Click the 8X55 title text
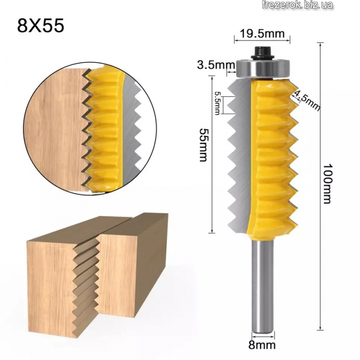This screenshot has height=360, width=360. [x=40, y=26]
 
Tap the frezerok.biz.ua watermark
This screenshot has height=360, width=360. [x=297, y=5]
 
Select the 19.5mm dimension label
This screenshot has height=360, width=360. [x=262, y=34]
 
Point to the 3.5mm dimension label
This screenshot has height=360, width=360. [x=216, y=65]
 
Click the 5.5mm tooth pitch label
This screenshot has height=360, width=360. [x=217, y=103]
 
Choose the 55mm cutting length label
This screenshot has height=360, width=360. [x=204, y=144]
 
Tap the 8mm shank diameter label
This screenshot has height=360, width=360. [x=262, y=345]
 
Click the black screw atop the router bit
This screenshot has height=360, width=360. [x=262, y=53]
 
